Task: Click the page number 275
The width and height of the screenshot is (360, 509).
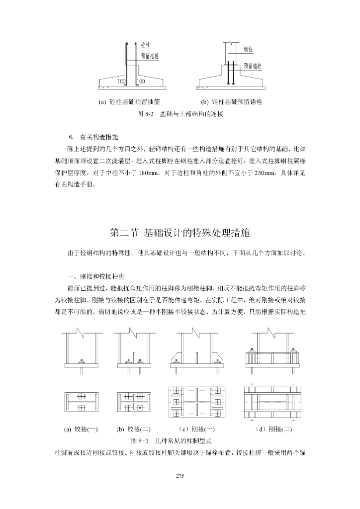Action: [180, 476]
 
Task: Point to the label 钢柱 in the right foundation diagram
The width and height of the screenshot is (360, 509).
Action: [248, 49]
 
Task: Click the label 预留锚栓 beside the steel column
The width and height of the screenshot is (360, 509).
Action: [253, 65]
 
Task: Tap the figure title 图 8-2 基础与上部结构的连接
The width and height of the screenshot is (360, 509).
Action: [180, 114]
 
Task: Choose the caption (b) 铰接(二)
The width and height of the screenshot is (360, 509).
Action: [133, 429]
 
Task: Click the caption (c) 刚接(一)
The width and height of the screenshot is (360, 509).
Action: [196, 429]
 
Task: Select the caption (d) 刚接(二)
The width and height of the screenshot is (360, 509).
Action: [271, 429]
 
